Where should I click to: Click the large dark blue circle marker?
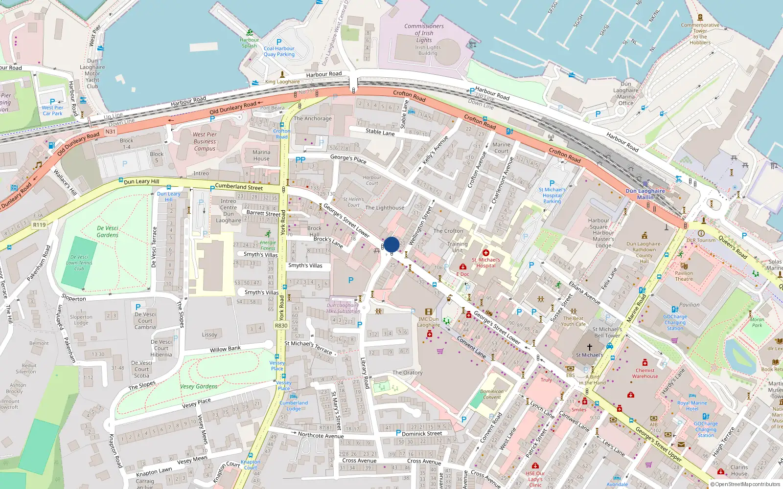tap(391, 244)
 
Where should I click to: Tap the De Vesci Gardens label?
tap(108, 231)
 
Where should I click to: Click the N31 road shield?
tap(111, 132)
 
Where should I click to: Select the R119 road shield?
tap(39, 225)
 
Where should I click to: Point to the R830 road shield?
tap(281, 326)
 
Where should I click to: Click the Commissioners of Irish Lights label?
tap(424, 33)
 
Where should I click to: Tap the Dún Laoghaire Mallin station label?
tap(645, 194)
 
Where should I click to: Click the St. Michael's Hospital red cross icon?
tap(486, 253)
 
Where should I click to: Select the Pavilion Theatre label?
tap(684, 276)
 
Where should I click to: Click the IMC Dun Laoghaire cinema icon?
tap(429, 311)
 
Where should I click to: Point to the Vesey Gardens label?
tap(199, 386)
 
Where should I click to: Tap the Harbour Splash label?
tap(249, 43)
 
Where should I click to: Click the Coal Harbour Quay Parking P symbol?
tap(279, 42)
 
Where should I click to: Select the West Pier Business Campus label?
tap(205, 141)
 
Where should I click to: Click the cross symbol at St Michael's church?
tap(590, 347)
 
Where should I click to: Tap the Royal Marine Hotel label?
tap(692, 406)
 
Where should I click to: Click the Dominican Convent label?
tap(492, 394)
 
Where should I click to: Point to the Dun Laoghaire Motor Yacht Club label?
tap(92, 73)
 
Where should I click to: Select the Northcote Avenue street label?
tap(321, 435)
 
